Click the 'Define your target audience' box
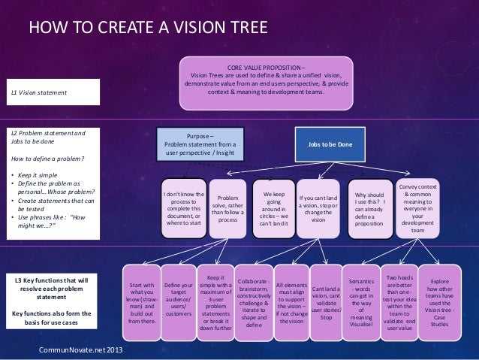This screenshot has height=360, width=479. (x=178, y=302)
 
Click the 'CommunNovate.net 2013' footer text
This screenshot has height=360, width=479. (x=72, y=350)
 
